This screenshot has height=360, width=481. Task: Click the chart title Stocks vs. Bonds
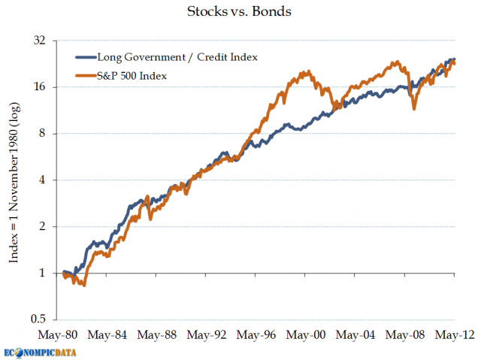pos(240,12)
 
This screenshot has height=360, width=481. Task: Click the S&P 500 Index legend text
pos(132,76)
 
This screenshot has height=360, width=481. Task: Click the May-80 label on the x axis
pos(62,334)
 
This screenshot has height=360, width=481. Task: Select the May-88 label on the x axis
pos(160,334)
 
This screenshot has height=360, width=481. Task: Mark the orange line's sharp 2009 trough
pos(414,110)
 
